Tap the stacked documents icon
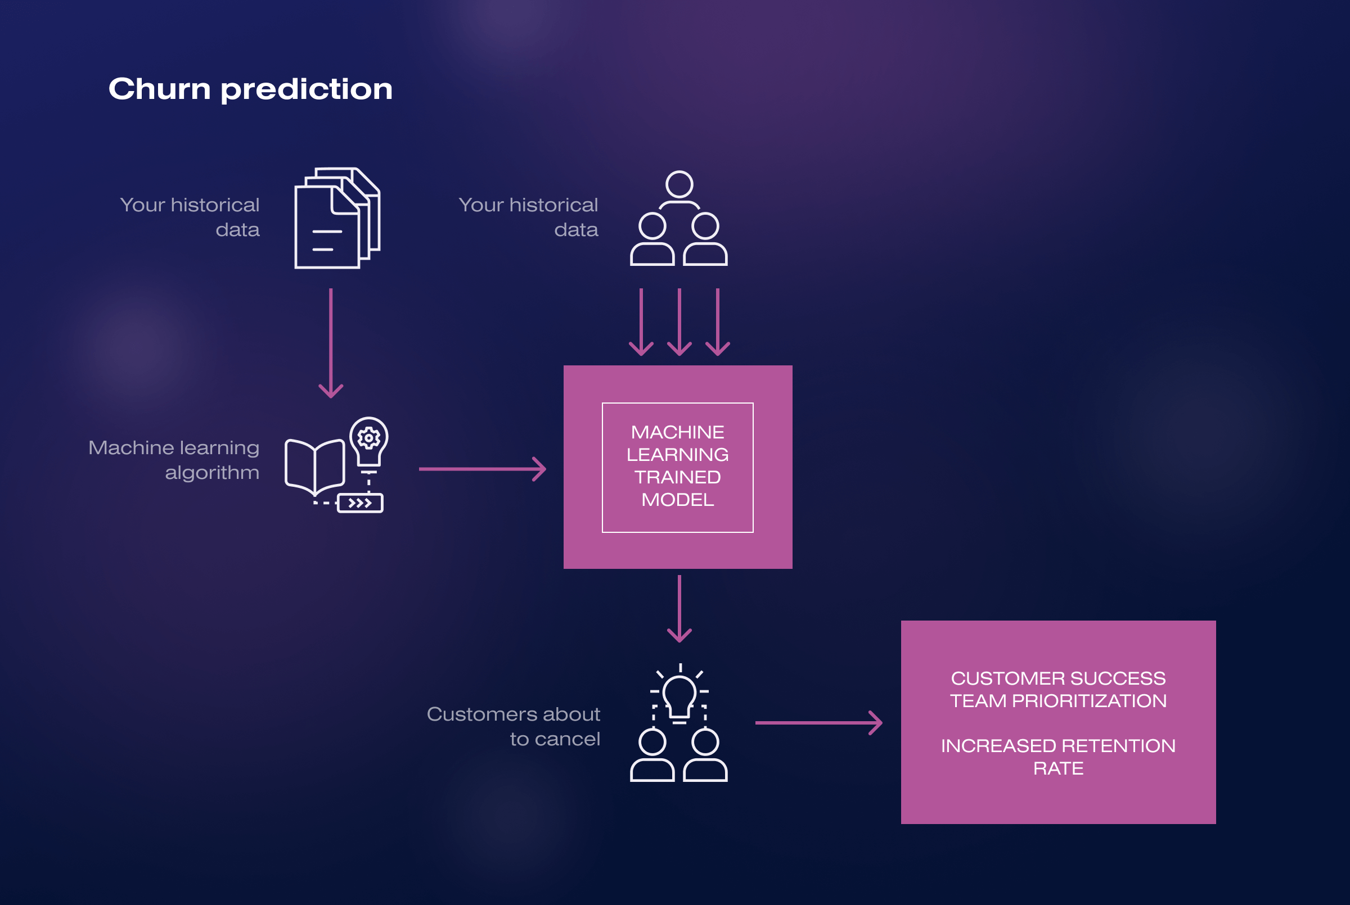click(336, 218)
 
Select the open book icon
click(314, 467)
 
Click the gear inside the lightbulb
click(369, 438)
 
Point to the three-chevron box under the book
click(361, 503)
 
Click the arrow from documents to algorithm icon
click(331, 343)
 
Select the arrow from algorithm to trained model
click(482, 469)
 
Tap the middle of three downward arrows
click(679, 322)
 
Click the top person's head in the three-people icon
click(679, 185)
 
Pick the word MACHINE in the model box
click(677, 432)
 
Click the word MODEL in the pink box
click(677, 499)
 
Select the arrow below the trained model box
click(679, 608)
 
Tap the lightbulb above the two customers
click(679, 696)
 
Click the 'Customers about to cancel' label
click(514, 726)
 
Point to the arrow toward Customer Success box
click(819, 722)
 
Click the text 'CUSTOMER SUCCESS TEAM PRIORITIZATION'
click(1058, 689)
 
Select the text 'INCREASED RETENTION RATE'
click(1058, 757)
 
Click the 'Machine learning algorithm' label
click(174, 459)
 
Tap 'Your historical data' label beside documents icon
click(190, 217)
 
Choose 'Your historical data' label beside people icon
click(528, 217)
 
